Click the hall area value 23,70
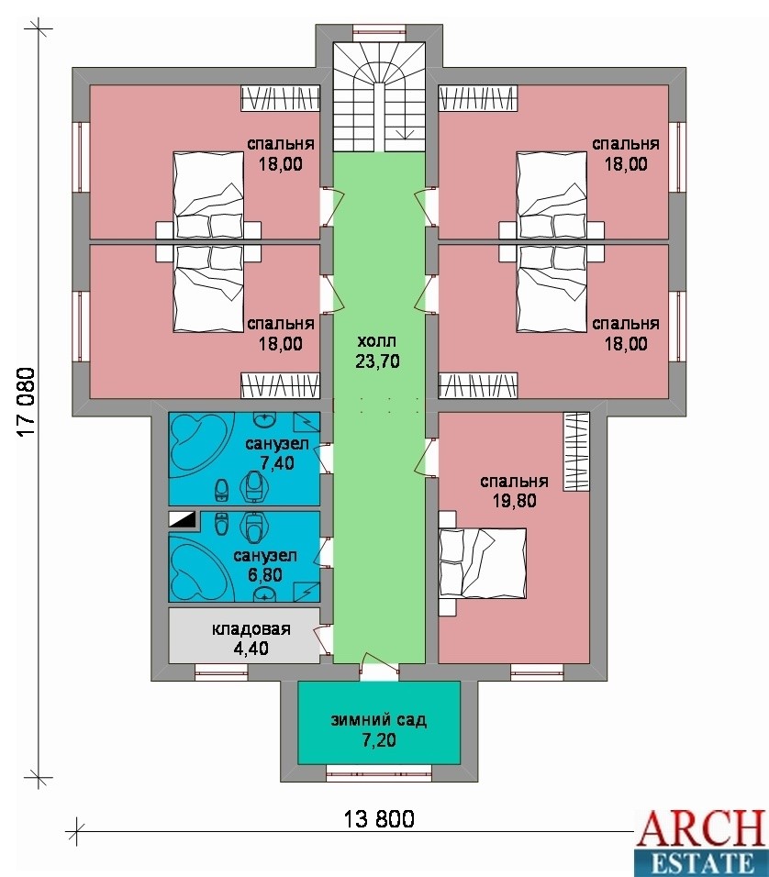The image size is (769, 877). point(378,361)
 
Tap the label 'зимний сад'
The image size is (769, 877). point(378,719)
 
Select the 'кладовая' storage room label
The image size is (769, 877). point(251,628)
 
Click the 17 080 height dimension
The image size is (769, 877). point(27,402)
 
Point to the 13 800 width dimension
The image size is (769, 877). point(379,819)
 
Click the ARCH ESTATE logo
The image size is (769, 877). point(701,843)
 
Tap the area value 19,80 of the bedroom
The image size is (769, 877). point(514,501)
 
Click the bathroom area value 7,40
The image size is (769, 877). point(277,463)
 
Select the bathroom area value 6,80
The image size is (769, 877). point(264,575)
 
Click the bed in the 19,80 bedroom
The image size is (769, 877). point(483,563)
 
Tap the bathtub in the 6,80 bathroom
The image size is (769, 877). point(200,571)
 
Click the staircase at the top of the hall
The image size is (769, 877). point(380,97)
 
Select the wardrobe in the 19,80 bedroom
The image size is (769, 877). point(576,452)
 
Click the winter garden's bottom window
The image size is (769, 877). point(379,773)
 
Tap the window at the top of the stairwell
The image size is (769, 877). point(380,32)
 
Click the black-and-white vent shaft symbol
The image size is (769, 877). point(183,519)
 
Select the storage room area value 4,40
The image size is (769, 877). point(251,649)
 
